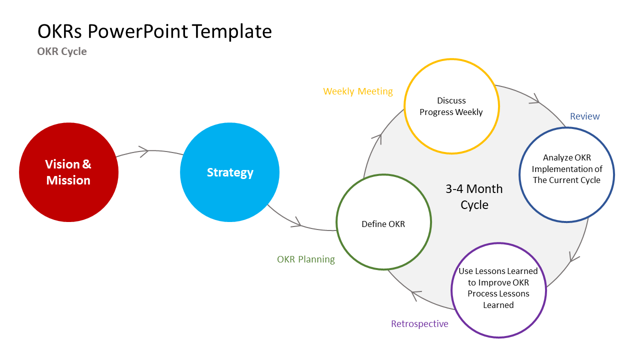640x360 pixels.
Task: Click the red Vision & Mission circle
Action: (68, 172)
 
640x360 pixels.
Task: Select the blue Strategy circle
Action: (229, 172)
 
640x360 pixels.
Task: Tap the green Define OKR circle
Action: (383, 222)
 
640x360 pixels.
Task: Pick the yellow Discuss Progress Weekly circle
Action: (451, 106)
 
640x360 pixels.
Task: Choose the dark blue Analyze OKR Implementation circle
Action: (566, 174)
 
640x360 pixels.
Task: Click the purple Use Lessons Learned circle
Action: (498, 290)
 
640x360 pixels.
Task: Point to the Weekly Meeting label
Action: (358, 91)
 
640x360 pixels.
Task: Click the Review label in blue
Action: (584, 116)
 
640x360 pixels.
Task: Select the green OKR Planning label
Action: (306, 259)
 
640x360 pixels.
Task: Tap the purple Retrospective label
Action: (419, 324)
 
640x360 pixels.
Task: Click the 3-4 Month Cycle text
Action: (474, 197)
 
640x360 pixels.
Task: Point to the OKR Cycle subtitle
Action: (62, 51)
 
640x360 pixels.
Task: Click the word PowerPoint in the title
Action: (138, 31)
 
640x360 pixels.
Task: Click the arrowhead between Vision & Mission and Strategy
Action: (144, 151)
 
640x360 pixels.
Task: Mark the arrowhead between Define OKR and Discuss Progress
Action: (380, 137)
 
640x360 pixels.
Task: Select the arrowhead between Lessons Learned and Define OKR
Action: (415, 295)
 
